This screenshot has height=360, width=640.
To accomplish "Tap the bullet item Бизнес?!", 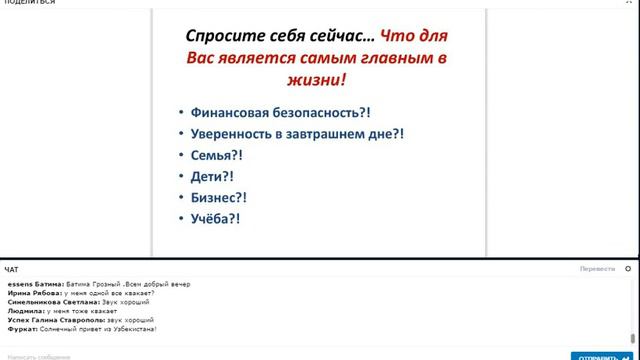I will coord(218,197).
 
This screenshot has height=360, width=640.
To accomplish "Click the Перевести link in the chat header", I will coord(597,269).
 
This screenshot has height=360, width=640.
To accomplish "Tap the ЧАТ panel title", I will coord(11,269).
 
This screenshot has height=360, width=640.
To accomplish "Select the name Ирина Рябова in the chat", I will coord(30,293).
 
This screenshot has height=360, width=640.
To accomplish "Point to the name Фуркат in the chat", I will coord(21,329).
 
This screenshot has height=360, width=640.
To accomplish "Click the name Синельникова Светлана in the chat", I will coord(48,302).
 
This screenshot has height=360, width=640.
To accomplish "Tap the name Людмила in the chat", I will coord(25,311).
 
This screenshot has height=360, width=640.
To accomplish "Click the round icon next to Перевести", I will coord(627,269).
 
